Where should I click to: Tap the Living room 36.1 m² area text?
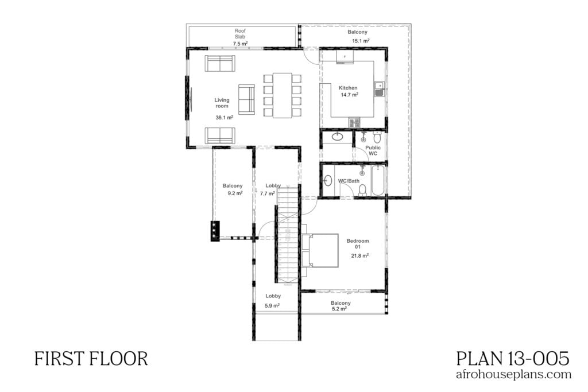(223, 108)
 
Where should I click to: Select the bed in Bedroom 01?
(319, 250)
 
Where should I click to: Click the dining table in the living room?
(283, 95)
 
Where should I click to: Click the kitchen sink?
(379, 88)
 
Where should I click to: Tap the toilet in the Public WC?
(377, 138)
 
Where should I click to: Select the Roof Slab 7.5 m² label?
(240, 37)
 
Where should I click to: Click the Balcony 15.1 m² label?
(357, 37)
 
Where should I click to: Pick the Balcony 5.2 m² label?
(340, 305)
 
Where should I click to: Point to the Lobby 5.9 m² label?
(273, 301)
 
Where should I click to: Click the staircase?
(288, 235)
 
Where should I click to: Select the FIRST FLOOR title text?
(91, 359)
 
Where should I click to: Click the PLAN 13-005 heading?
(513, 359)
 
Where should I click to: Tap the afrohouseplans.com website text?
(513, 375)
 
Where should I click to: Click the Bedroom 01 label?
(358, 244)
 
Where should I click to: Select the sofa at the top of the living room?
(219, 64)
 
